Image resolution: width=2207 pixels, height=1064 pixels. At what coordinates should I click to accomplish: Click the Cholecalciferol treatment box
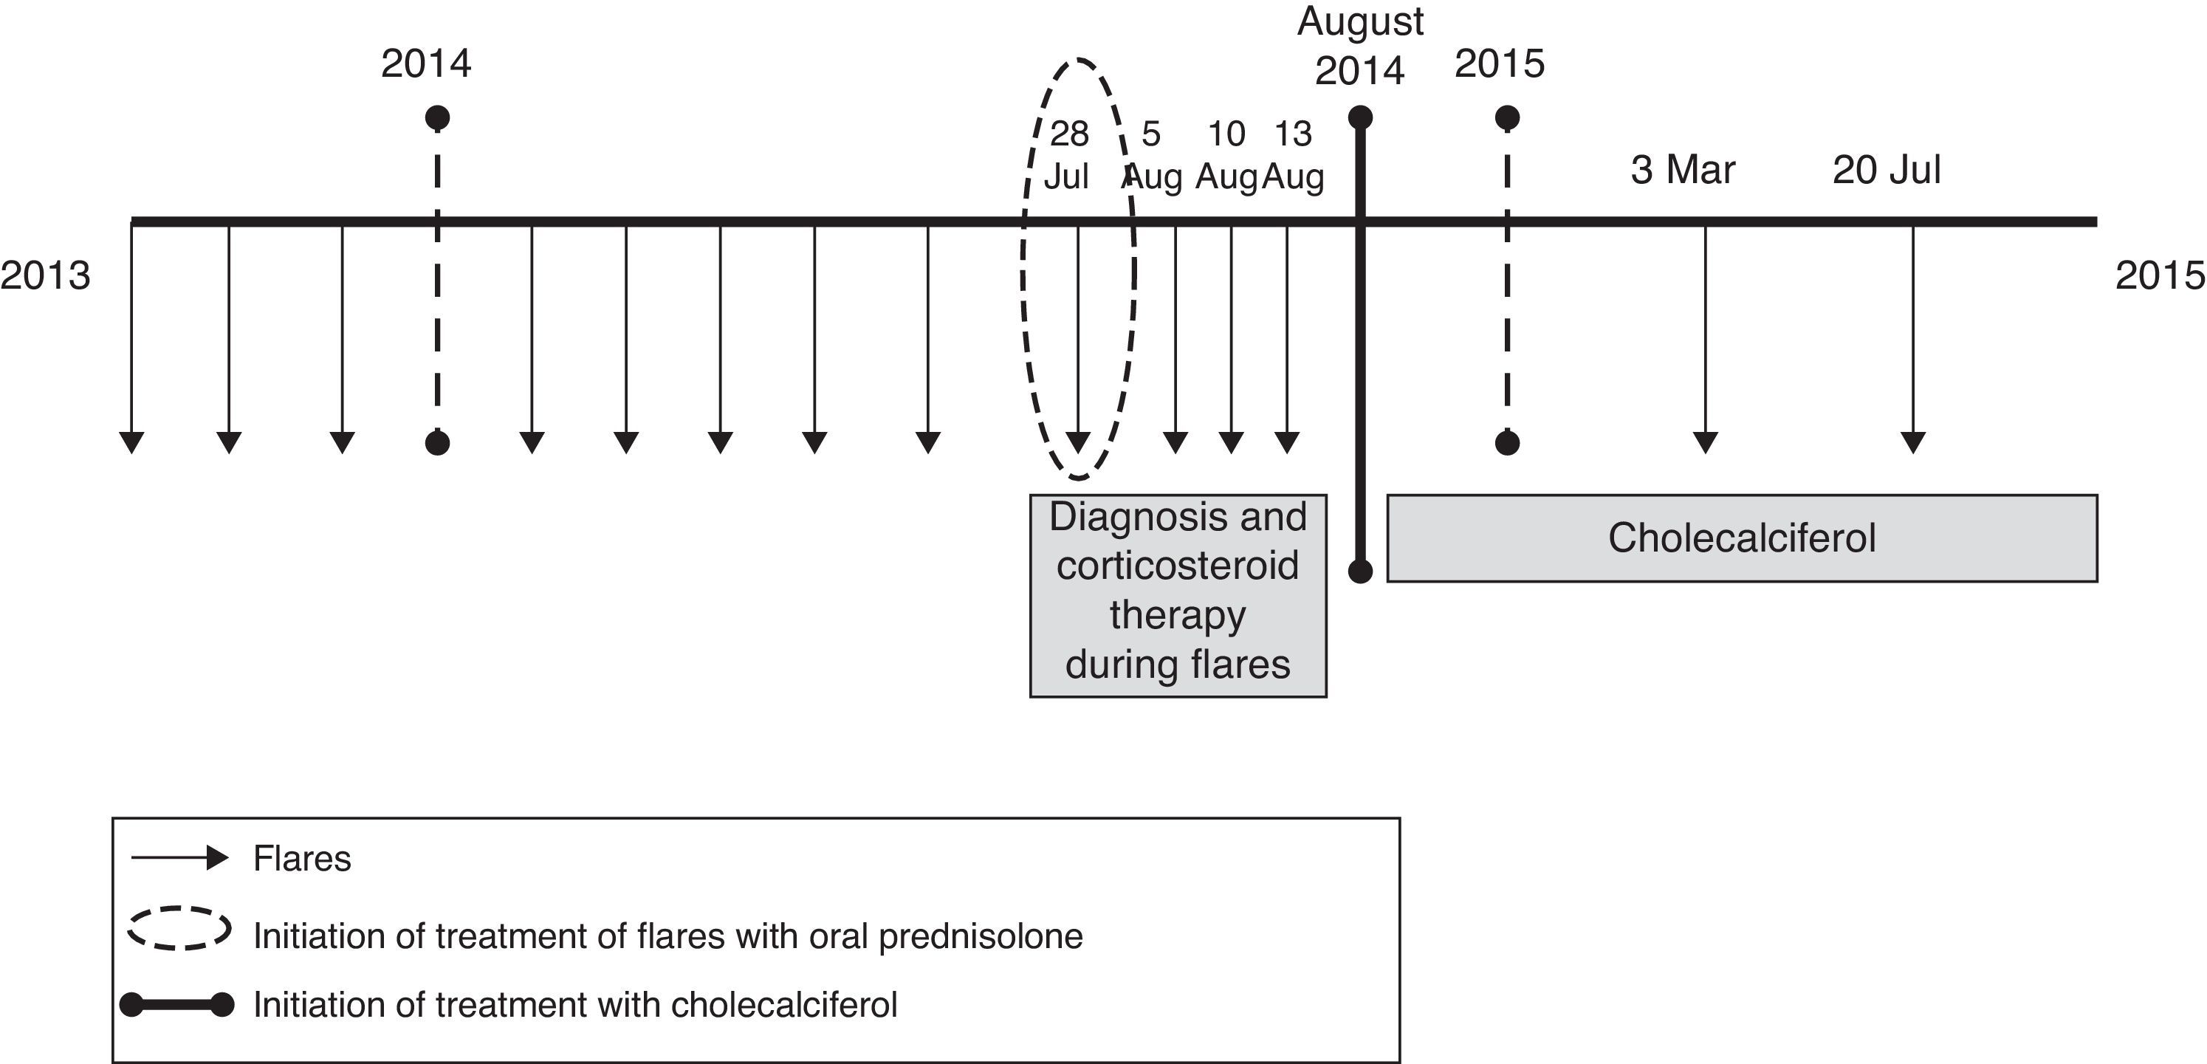(x=1741, y=538)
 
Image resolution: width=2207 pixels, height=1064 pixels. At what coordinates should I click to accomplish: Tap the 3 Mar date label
(x=1682, y=170)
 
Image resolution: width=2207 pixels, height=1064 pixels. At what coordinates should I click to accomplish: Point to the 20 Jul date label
(x=1886, y=170)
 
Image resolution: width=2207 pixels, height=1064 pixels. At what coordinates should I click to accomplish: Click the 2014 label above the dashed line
(x=426, y=64)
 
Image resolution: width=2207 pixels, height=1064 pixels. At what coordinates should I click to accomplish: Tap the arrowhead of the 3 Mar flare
(x=1705, y=442)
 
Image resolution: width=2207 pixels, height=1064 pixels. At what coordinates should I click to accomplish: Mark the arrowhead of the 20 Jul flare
(x=1913, y=442)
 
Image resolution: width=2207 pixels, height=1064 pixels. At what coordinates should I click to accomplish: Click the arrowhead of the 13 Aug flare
(x=1286, y=442)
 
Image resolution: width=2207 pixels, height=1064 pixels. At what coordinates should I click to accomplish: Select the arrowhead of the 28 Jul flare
(x=1078, y=442)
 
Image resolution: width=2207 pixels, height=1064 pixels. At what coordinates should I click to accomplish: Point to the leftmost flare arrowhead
(x=131, y=442)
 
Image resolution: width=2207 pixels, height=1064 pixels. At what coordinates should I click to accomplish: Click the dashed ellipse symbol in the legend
(x=179, y=928)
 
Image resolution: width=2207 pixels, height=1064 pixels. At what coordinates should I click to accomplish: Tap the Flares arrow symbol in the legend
(x=179, y=859)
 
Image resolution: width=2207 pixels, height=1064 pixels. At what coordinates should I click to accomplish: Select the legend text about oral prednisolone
(x=667, y=936)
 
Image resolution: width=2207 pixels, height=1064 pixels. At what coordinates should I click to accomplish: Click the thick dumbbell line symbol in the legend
(x=176, y=1005)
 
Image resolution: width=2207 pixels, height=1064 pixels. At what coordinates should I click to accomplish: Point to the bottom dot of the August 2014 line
(x=1361, y=572)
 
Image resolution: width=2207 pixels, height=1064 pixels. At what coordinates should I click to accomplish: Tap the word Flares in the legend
(x=301, y=859)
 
